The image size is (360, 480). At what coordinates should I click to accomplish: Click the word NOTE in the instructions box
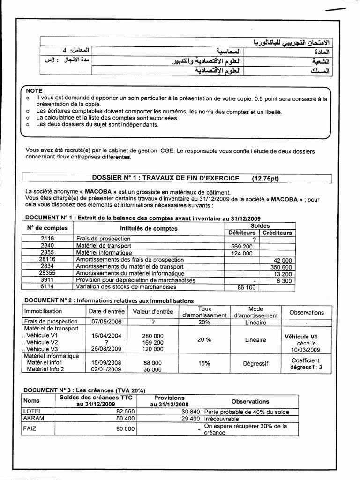(x=34, y=90)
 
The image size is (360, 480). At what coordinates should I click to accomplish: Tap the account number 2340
(x=47, y=246)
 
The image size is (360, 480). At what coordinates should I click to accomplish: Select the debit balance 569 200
(x=242, y=246)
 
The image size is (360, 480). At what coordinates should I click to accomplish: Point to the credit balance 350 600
(x=281, y=266)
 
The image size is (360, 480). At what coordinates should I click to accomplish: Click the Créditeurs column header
(x=277, y=232)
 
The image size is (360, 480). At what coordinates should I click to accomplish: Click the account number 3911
(x=47, y=280)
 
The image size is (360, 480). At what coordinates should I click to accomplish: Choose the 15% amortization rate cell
(x=203, y=363)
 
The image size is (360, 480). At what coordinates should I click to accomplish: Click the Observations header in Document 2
(x=307, y=312)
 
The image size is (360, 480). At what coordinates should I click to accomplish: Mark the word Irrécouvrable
(x=222, y=419)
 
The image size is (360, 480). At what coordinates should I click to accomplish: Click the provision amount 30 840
(x=189, y=412)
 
